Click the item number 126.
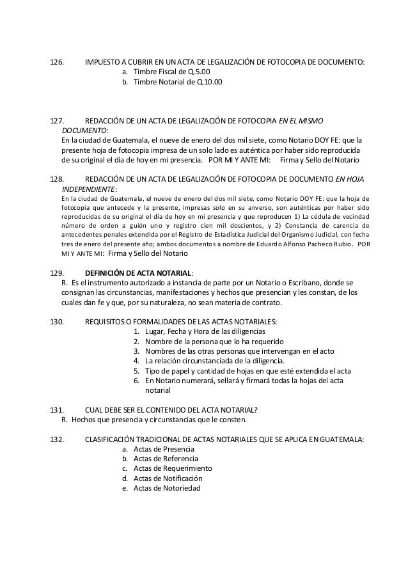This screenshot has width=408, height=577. [x=57, y=63]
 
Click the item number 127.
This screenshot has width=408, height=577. [x=57, y=120]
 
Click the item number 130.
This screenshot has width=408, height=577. [x=57, y=322]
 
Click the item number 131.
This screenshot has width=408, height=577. [x=57, y=410]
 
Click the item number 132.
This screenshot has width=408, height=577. [x=57, y=439]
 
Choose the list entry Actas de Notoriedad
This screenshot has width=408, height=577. [x=167, y=488]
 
